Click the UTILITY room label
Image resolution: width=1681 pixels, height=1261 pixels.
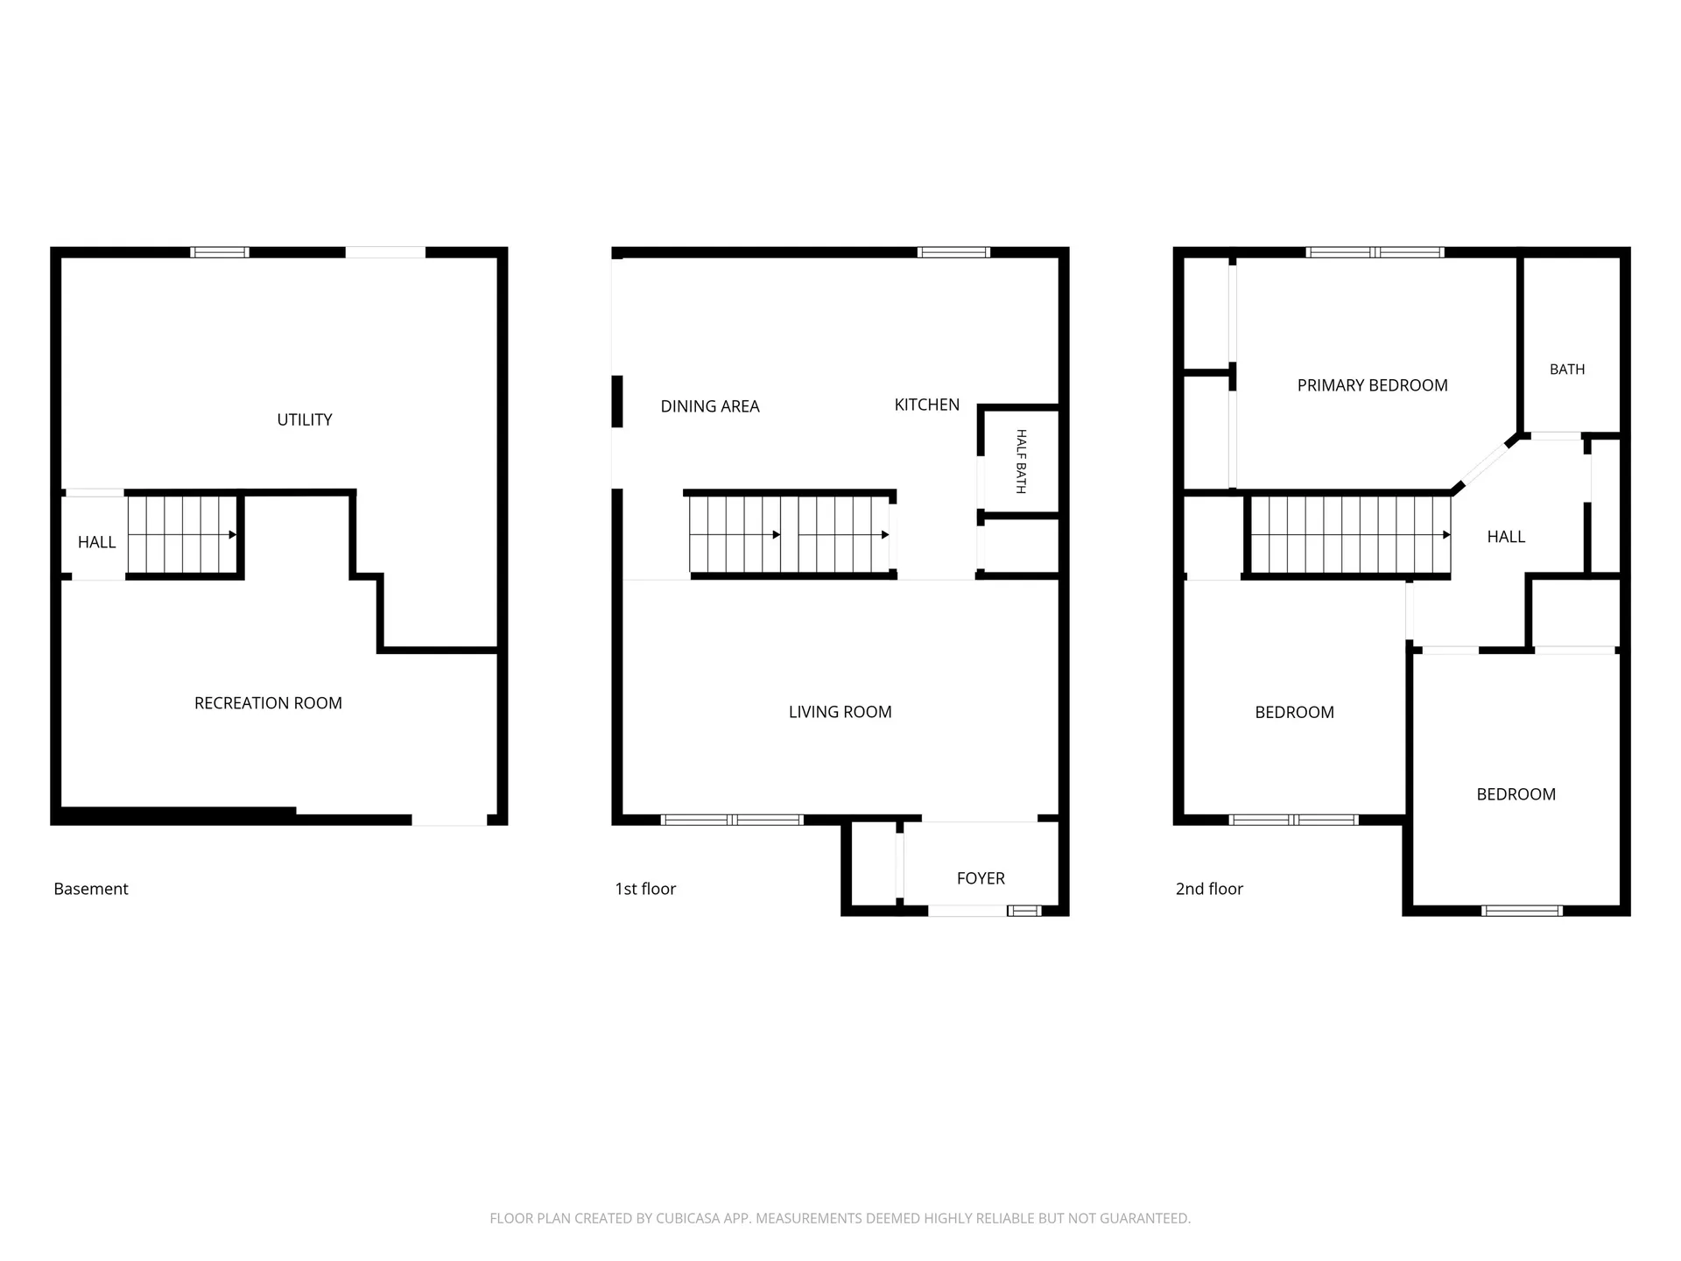click(305, 419)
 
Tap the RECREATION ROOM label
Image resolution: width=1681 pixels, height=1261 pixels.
click(268, 703)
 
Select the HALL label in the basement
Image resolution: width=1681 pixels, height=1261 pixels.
click(96, 542)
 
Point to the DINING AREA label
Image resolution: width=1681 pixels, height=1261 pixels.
click(710, 406)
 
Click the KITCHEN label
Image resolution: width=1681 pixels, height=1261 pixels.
click(927, 405)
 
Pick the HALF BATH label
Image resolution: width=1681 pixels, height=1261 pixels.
click(1021, 461)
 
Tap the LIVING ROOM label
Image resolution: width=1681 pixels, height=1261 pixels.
click(840, 712)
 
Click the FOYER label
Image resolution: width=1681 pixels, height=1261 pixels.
click(981, 878)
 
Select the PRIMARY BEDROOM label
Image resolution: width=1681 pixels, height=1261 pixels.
click(1373, 385)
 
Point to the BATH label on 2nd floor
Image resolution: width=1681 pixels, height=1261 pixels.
click(1567, 370)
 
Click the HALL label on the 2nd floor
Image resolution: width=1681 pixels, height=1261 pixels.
click(1506, 537)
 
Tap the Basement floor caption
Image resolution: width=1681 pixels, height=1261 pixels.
click(91, 889)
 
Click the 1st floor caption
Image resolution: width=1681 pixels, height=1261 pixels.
click(645, 889)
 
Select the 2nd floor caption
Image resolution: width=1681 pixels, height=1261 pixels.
click(1209, 889)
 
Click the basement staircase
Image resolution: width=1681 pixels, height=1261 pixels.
click(183, 534)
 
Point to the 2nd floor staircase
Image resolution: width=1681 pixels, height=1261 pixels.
click(1350, 534)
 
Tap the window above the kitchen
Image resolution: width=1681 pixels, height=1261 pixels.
click(953, 252)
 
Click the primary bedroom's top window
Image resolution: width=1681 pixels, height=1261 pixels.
click(1375, 252)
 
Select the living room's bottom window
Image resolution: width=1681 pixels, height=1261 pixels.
click(731, 820)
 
